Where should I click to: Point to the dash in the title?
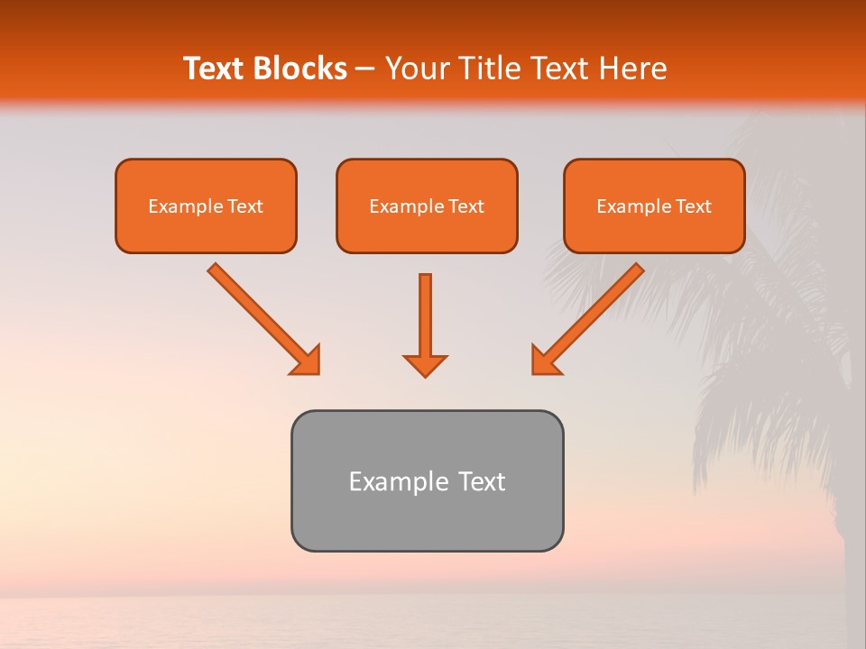(366, 69)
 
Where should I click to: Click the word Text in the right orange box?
(693, 206)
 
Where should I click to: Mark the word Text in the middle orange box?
(465, 206)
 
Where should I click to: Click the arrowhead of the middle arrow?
(425, 365)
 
